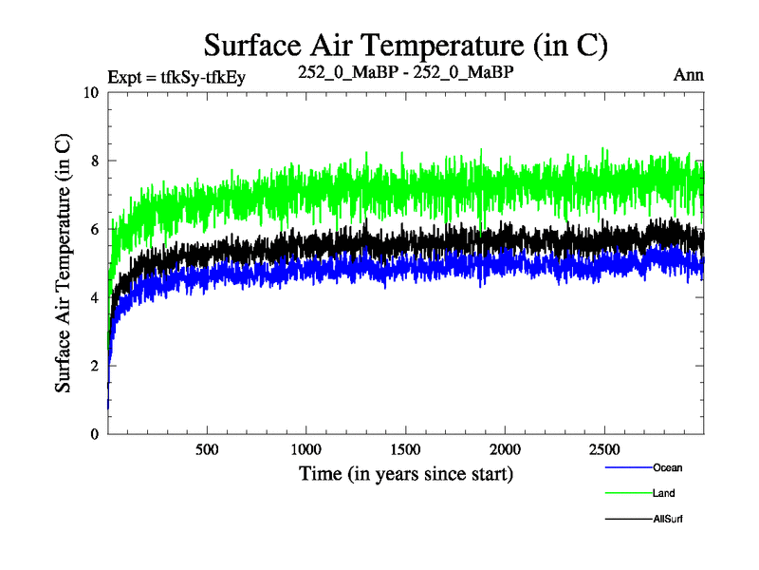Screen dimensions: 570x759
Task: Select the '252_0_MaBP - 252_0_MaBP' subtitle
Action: tap(406, 72)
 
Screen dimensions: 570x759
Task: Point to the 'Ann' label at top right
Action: tap(688, 75)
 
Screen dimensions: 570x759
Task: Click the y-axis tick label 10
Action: tap(90, 93)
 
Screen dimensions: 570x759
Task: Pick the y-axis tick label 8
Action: tap(94, 161)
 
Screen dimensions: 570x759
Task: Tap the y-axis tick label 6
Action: tap(94, 229)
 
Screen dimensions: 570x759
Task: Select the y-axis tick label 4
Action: tap(94, 297)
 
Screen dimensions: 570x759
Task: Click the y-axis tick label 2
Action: tap(94, 366)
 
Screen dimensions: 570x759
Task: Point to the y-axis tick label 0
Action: tap(94, 434)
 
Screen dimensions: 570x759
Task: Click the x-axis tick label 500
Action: tap(207, 449)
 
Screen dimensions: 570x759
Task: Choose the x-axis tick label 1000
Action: tap(305, 449)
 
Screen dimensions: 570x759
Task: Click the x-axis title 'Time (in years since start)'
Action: tap(406, 472)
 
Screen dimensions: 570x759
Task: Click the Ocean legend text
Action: tap(667, 467)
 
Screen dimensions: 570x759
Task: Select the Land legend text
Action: tap(664, 493)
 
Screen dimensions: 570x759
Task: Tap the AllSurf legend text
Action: tap(668, 519)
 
